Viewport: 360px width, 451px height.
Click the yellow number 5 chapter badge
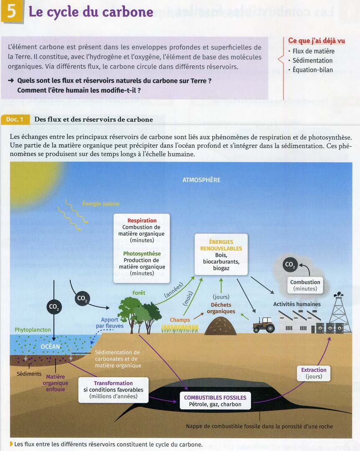point(12,11)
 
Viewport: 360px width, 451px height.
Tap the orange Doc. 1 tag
point(15,119)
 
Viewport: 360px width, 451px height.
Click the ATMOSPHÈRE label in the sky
point(201,180)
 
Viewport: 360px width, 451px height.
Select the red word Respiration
point(142,220)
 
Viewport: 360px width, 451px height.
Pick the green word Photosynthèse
point(142,253)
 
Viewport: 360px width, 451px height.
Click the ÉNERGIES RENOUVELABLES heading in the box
point(221,245)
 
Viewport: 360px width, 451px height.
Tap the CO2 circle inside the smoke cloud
point(290,264)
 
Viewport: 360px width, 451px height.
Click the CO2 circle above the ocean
point(54,307)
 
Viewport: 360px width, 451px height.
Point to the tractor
point(263,324)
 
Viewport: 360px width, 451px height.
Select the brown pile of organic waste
point(221,326)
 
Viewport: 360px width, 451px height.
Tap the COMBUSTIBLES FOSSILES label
point(215,398)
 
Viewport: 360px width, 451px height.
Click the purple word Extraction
point(314,370)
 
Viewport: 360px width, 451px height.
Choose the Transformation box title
point(113,383)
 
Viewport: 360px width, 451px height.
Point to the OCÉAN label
point(51,346)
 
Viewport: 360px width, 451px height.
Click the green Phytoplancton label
point(33,329)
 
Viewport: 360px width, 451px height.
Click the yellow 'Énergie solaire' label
point(101,204)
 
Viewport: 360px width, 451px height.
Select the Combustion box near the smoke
point(305,285)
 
